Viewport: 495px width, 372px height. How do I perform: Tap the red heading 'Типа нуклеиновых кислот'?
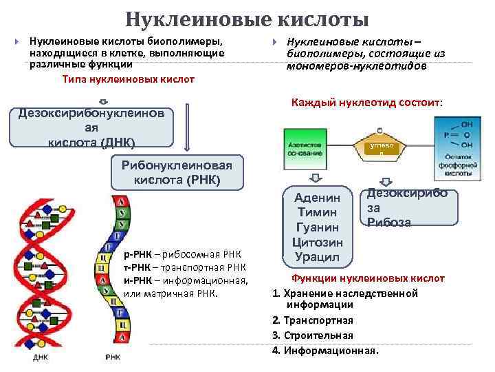click(x=128, y=79)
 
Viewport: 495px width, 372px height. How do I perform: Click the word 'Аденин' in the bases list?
click(x=317, y=198)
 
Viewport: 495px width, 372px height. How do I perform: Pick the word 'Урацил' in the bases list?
click(x=317, y=257)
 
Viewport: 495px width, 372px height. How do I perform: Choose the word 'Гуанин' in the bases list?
click(x=317, y=227)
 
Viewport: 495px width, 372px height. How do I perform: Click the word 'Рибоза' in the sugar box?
click(x=389, y=222)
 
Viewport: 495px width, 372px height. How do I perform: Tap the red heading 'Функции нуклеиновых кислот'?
click(x=368, y=278)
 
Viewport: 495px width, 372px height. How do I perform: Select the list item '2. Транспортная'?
click(x=313, y=320)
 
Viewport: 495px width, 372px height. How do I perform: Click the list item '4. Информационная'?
click(x=325, y=350)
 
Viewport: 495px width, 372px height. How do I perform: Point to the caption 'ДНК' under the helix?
click(x=41, y=358)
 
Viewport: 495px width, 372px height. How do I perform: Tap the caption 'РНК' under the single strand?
click(x=113, y=358)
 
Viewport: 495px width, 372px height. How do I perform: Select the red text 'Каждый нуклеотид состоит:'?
click(x=367, y=103)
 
